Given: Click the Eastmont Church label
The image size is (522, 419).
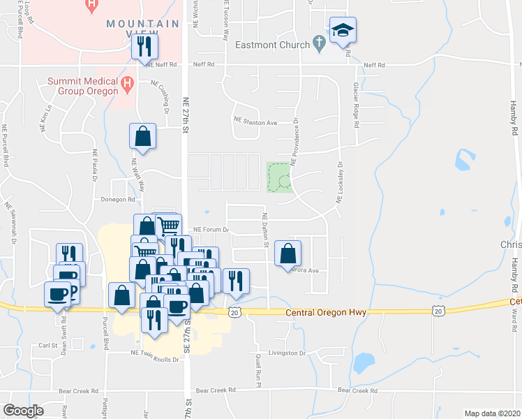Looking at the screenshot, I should coord(272,46).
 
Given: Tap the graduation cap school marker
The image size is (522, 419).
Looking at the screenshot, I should coord(343,31).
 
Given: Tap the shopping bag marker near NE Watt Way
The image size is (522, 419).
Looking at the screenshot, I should coord(142,137).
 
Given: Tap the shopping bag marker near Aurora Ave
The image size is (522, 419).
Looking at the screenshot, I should coord(288,254).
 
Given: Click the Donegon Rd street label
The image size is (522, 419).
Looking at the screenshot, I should coord(117,199).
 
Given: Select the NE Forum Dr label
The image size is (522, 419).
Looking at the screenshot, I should coord(211,228).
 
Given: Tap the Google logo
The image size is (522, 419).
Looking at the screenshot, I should coord(23,411).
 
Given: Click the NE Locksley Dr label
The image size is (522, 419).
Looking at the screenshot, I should coord(341,183).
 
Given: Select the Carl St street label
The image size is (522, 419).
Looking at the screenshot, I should coord(47,345).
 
